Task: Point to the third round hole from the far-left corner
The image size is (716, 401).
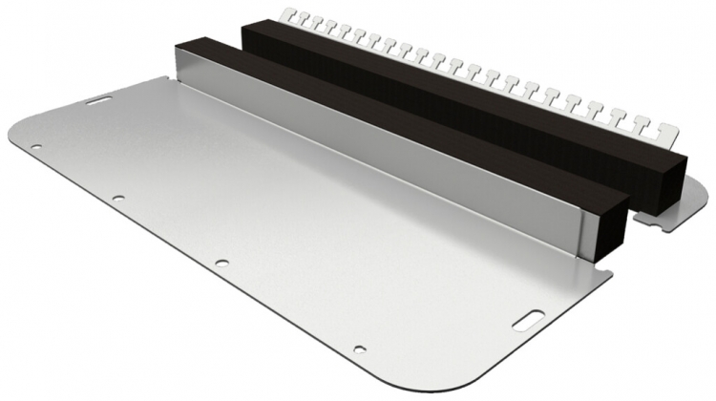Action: [221, 262]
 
